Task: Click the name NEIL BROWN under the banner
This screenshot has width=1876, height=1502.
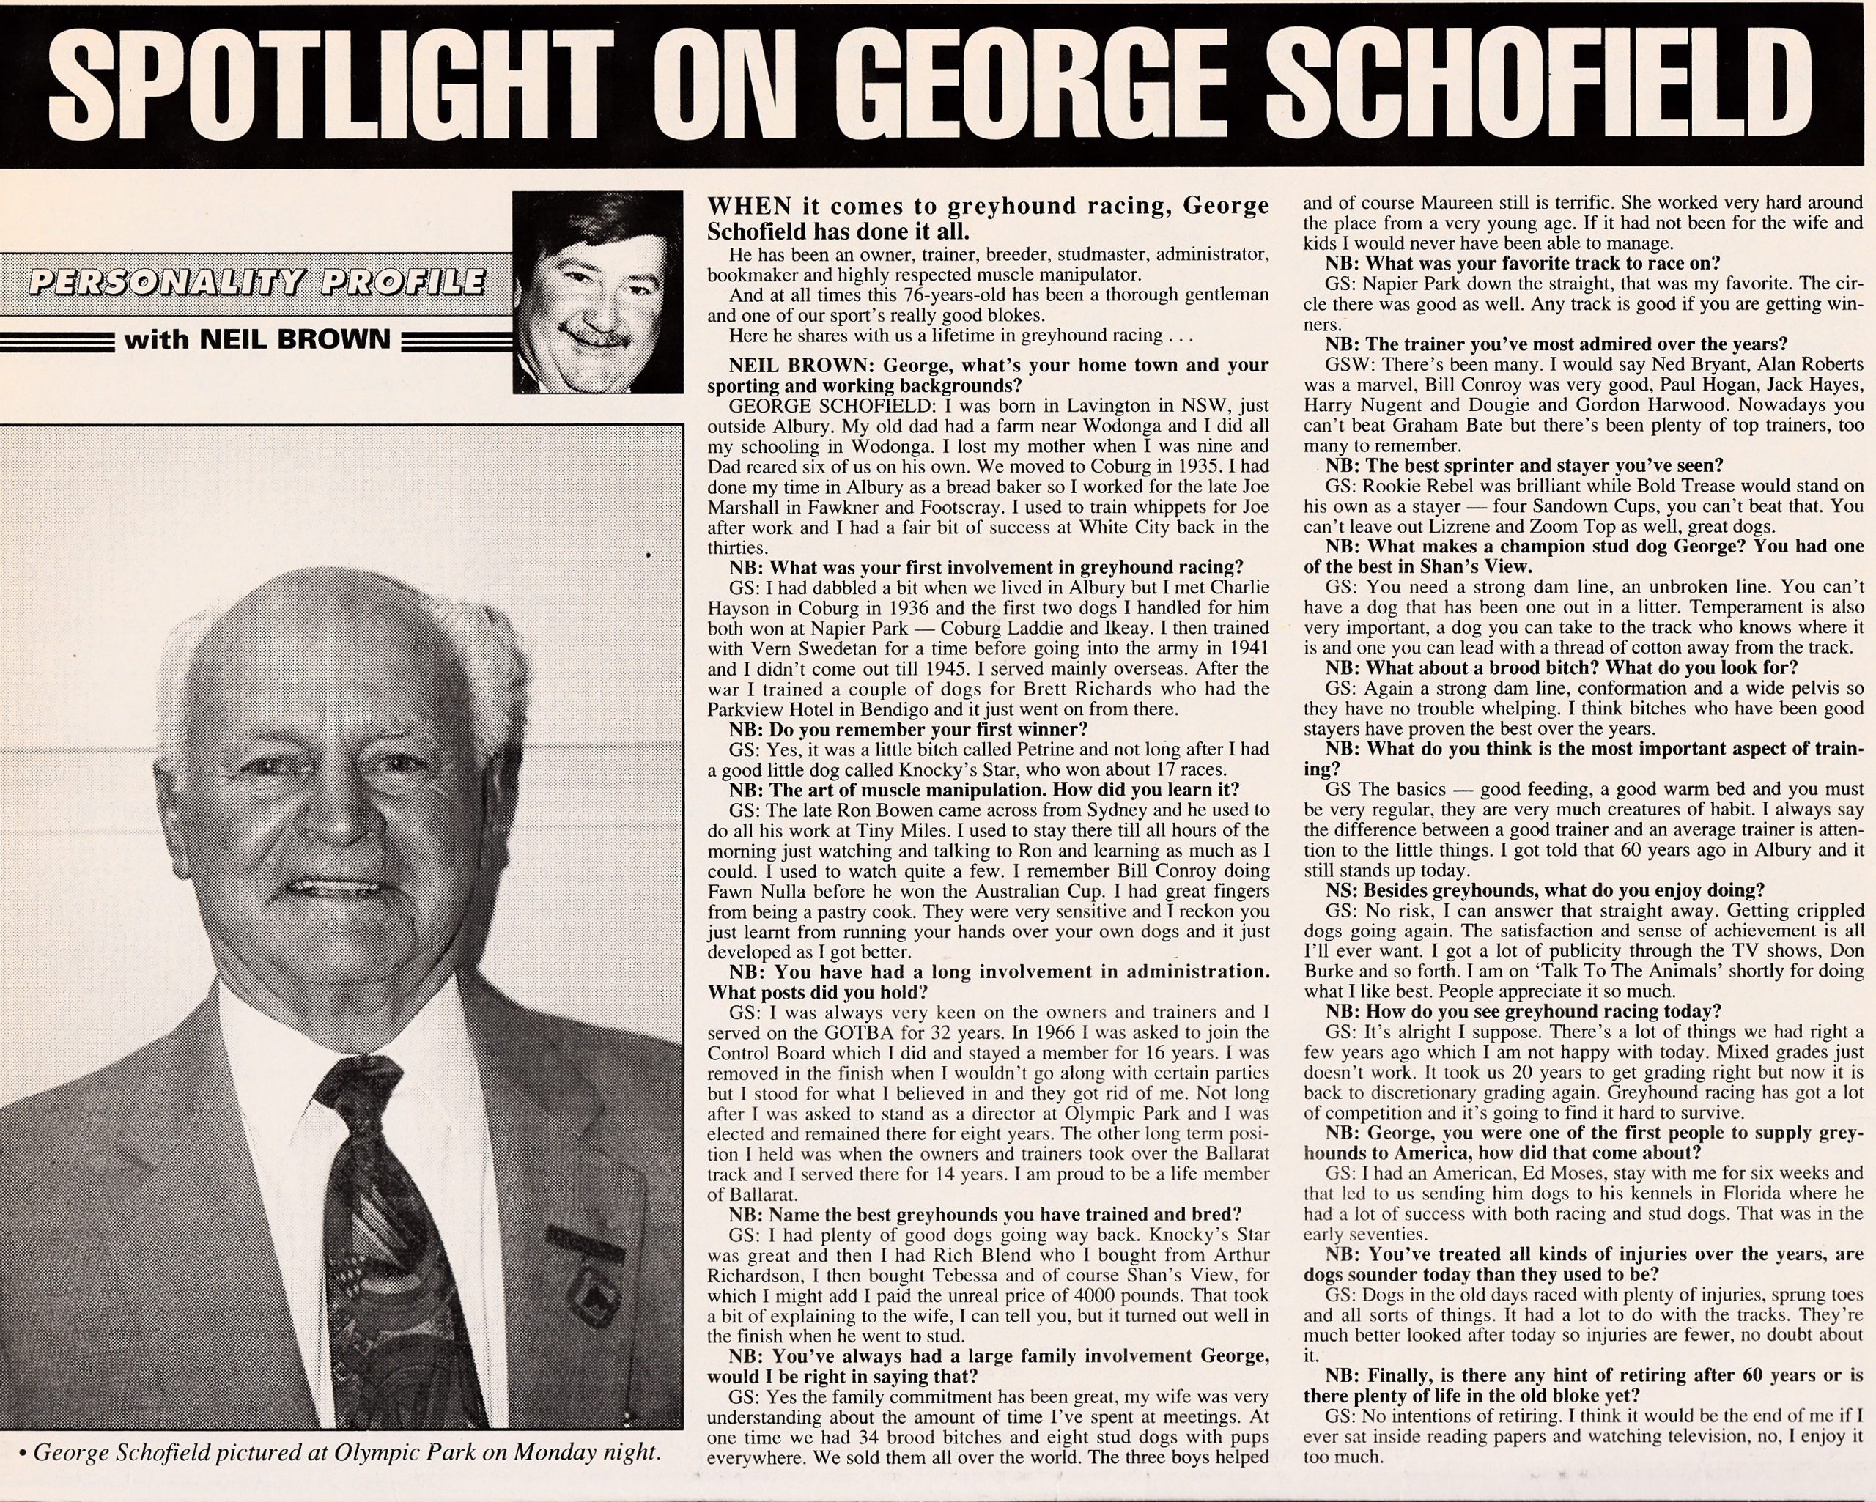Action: coord(257,338)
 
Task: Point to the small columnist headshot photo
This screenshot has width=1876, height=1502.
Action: coord(598,292)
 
